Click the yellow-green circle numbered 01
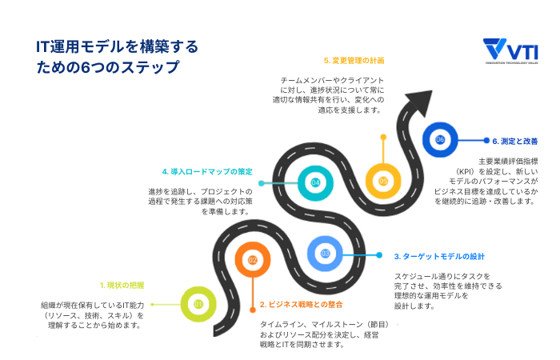197,303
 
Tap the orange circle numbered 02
252,260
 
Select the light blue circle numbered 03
325,254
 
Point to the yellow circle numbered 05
383,181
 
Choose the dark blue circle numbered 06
439,139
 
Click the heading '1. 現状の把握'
122,285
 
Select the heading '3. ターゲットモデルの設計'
439,257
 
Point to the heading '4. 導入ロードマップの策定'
206,171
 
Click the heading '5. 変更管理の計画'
352,60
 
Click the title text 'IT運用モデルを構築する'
117,46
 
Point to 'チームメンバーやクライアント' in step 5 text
332,81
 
